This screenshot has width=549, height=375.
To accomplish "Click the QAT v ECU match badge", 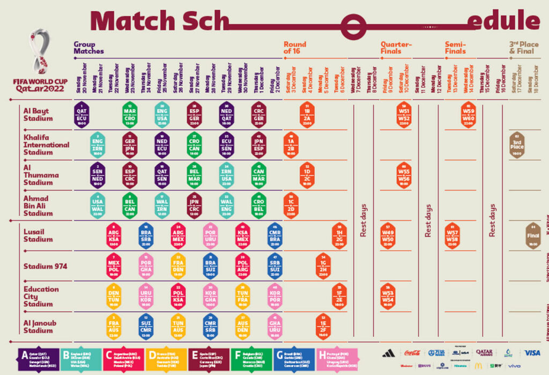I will point(82,114).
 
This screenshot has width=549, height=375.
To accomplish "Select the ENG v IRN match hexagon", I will point(98,145).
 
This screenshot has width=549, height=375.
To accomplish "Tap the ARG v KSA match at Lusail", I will point(114,236).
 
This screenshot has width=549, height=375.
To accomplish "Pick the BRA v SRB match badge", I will point(146,236).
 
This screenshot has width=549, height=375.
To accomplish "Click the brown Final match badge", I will point(533,236).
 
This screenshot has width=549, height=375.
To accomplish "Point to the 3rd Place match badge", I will point(517,145).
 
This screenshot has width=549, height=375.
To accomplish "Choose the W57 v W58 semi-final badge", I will point(452,236).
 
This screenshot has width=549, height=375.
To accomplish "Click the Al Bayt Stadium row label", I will point(38,115).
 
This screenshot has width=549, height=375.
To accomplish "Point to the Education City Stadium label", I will point(41,296).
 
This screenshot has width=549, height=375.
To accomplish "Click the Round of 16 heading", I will point(295,48).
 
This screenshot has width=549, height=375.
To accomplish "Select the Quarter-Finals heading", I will point(396,48).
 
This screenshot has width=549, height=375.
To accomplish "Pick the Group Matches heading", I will point(88,48).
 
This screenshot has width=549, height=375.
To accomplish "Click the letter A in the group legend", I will point(24,355).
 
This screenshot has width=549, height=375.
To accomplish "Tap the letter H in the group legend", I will point(322,355).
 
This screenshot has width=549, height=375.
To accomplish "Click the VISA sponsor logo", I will point(532,352).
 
